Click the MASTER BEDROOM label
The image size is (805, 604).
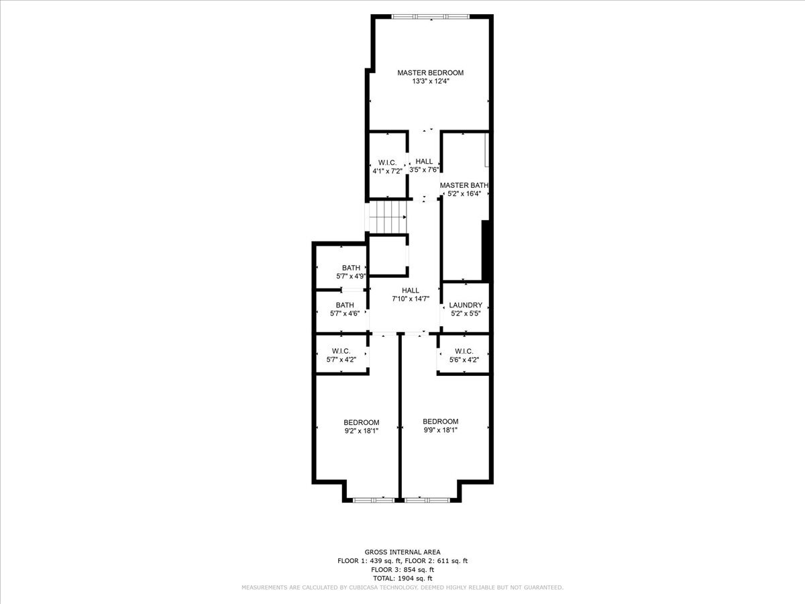point(430,72)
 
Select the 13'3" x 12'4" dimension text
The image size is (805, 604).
point(431,81)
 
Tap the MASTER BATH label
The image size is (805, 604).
point(464,185)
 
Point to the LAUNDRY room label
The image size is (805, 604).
point(466,305)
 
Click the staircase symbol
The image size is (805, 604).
point(388,217)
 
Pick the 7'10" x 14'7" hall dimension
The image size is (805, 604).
point(411,299)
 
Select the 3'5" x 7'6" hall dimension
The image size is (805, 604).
point(424,170)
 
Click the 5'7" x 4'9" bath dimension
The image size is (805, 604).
point(351,276)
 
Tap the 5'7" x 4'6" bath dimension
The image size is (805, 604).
point(345,313)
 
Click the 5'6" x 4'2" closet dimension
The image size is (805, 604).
point(464,360)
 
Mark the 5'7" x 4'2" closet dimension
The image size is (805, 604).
point(341,360)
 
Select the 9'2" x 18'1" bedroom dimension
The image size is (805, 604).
point(361,431)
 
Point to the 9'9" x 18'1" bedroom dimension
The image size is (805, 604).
point(440,430)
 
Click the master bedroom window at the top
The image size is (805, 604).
point(430,17)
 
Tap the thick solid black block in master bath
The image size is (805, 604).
point(485,250)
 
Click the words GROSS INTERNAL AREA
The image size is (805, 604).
point(402,552)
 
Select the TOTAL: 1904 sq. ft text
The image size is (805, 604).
point(402,578)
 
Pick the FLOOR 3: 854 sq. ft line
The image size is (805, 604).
point(402,570)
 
